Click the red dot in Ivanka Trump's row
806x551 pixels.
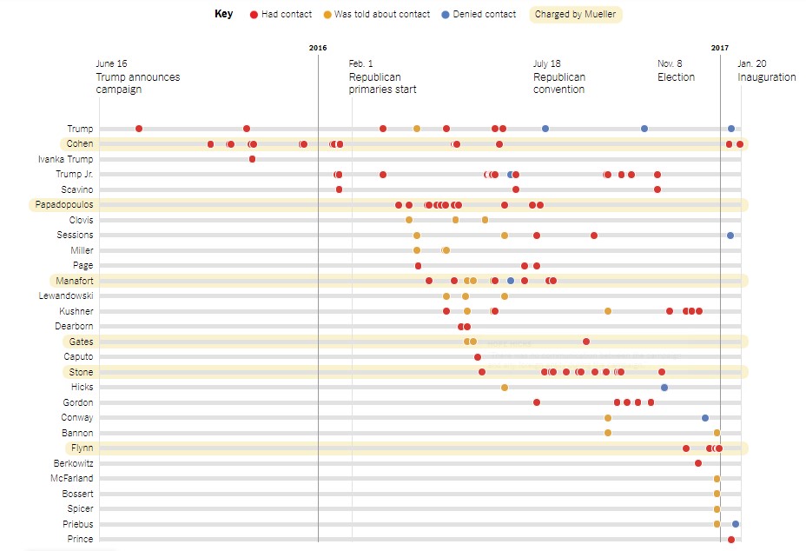point(252,159)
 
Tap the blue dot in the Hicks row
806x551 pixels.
point(664,387)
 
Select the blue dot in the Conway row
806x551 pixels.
point(705,418)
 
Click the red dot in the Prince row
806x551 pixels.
point(731,540)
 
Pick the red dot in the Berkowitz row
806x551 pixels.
point(698,463)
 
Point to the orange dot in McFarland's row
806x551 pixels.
point(717,479)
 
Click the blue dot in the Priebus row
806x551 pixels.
point(736,524)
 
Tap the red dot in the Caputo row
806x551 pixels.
point(478,357)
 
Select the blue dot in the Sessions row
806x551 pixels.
point(730,236)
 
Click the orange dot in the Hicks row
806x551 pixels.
point(505,388)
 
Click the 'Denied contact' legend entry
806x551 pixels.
point(478,14)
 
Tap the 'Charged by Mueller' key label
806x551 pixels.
point(576,14)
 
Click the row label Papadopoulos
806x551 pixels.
point(64,205)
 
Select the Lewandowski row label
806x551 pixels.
point(66,296)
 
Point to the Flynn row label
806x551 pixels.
point(81,448)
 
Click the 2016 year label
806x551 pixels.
point(318,47)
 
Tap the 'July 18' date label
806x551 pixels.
point(547,63)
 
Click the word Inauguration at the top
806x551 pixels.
point(766,77)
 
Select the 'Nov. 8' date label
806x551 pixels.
point(670,63)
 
